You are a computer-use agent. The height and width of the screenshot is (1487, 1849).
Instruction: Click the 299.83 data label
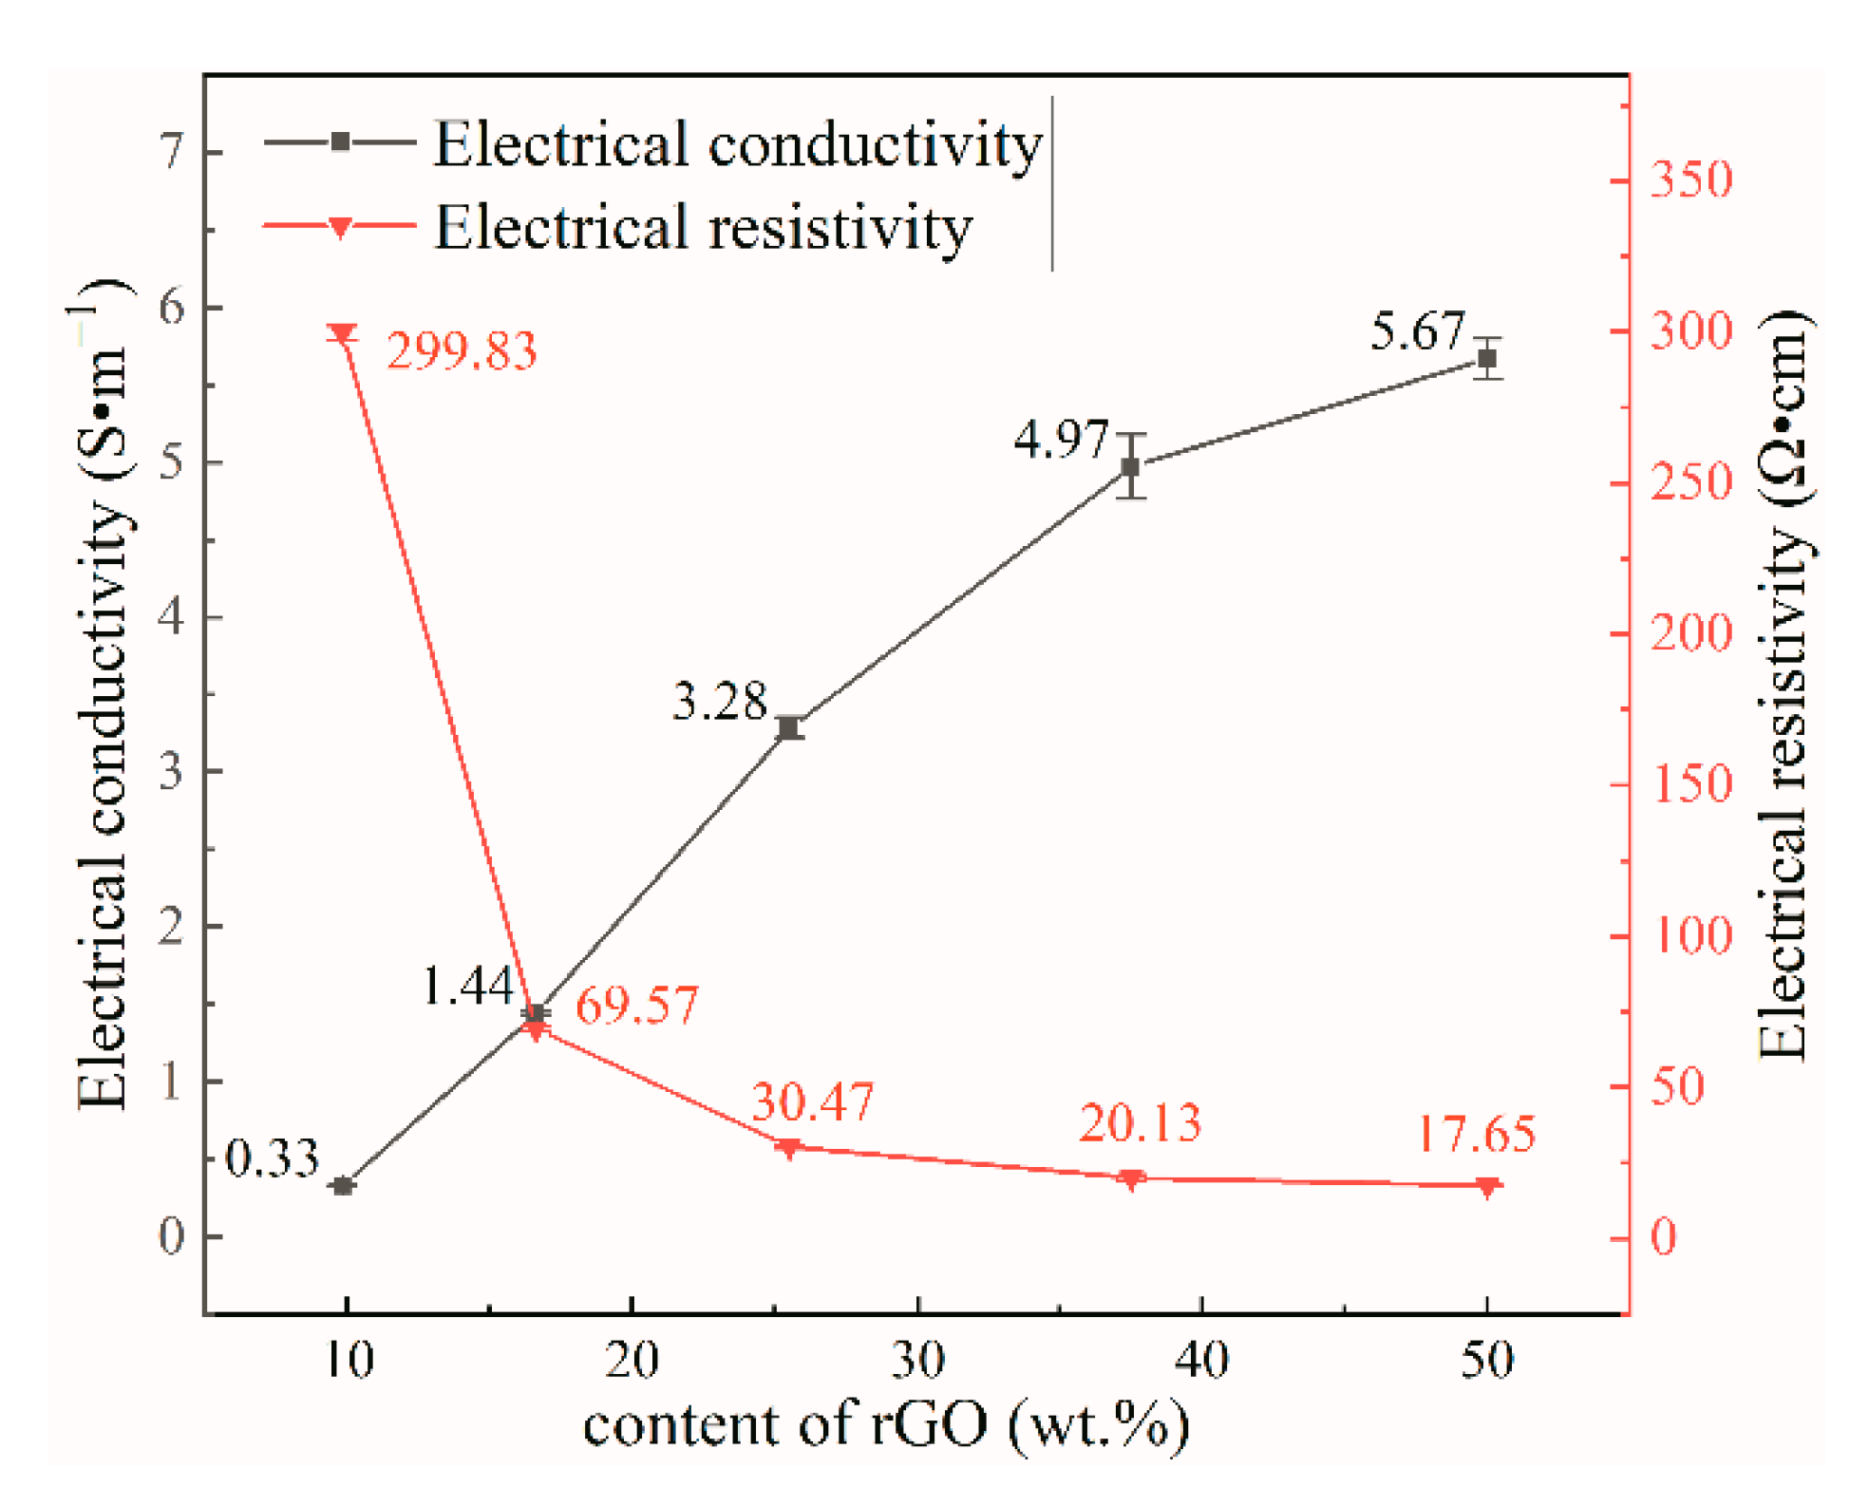point(462,351)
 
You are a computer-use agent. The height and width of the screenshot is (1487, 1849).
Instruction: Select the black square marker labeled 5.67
point(1487,358)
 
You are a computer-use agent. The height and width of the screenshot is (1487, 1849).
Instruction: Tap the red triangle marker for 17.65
point(1487,1186)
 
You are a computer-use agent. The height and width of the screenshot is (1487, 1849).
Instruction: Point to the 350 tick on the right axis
point(1691,179)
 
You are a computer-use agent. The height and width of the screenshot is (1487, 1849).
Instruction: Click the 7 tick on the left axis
point(172,151)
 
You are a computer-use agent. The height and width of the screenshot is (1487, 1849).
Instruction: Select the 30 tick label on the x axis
point(917,1360)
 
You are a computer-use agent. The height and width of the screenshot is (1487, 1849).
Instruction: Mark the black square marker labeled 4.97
point(1130,466)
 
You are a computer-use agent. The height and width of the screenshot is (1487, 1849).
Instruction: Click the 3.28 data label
point(719,702)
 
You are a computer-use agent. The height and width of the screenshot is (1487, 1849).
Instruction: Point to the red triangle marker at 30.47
point(787,1148)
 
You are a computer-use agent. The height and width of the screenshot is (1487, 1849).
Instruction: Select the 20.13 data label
point(1139,1122)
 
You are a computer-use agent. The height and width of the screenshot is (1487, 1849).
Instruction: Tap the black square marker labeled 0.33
point(344,1185)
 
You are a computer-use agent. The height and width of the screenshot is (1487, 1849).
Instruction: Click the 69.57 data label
point(636,1005)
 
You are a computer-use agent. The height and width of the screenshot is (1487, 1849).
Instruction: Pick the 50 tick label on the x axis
point(1486,1360)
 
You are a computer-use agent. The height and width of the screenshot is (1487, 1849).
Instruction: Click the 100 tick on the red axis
point(1691,935)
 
